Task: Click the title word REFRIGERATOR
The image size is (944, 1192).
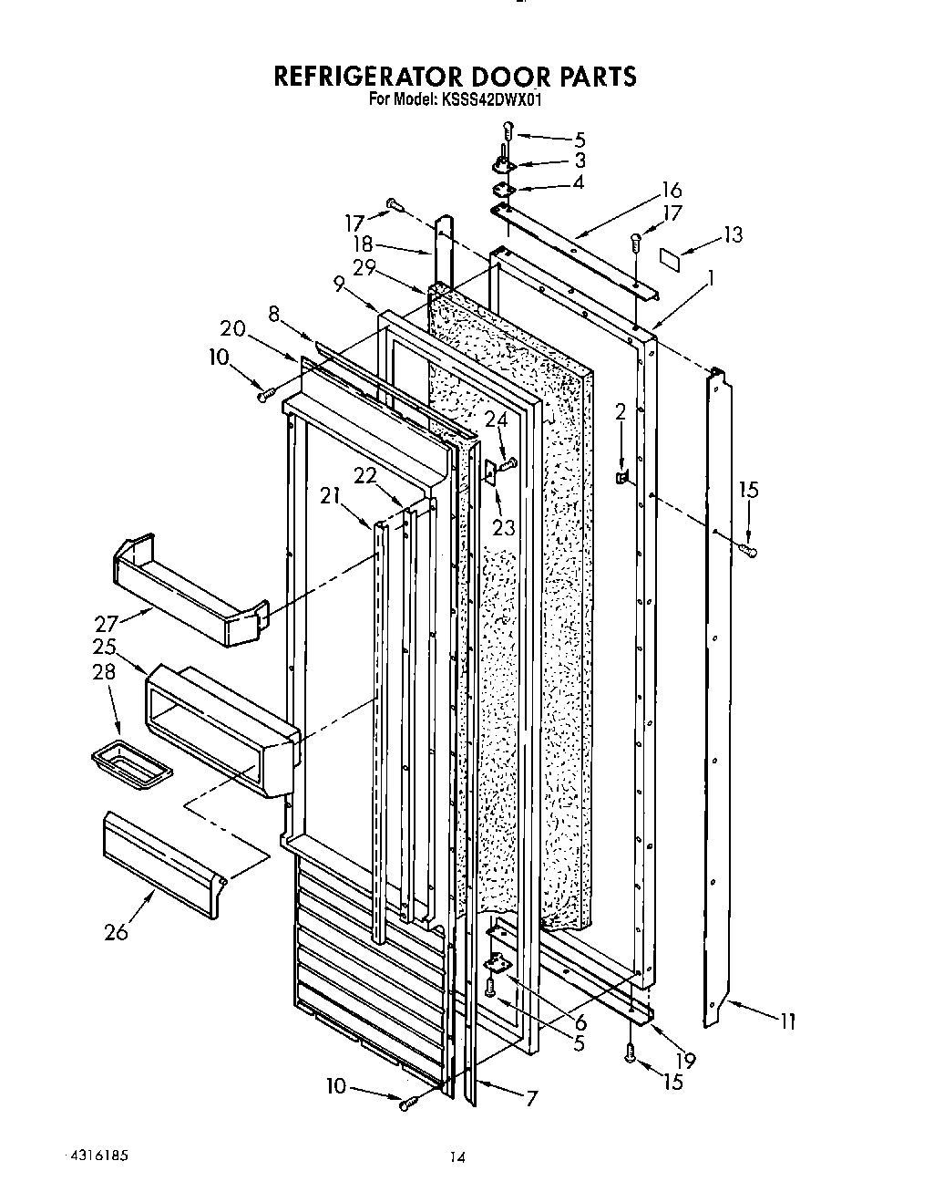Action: [373, 77]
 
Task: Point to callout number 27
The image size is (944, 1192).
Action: [107, 625]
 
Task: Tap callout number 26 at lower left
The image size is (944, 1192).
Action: [117, 931]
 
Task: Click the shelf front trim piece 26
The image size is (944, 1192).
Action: [164, 862]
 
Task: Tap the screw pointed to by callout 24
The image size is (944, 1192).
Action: [509, 463]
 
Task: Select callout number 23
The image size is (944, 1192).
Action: [503, 526]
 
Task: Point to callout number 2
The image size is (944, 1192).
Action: [621, 412]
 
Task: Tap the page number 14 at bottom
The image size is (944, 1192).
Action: [457, 1158]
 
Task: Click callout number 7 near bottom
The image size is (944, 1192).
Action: [530, 1099]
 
